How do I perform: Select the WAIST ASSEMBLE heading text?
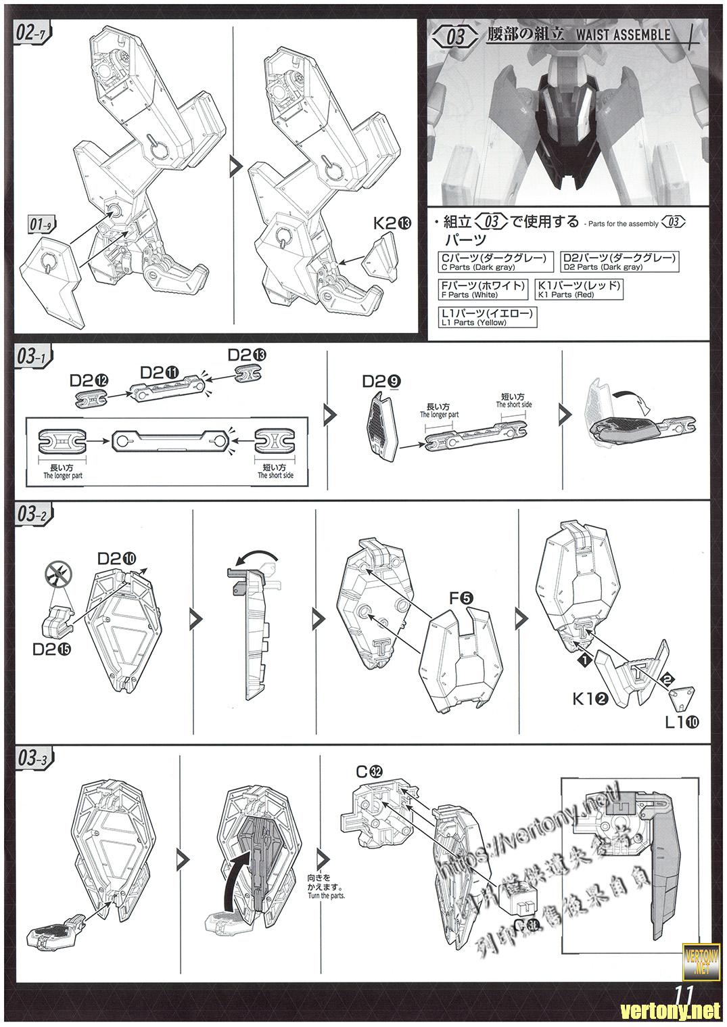click(614, 34)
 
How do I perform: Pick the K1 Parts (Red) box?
click(578, 289)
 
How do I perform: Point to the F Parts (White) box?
click(483, 289)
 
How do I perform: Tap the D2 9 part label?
click(379, 382)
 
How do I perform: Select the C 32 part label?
click(370, 771)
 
